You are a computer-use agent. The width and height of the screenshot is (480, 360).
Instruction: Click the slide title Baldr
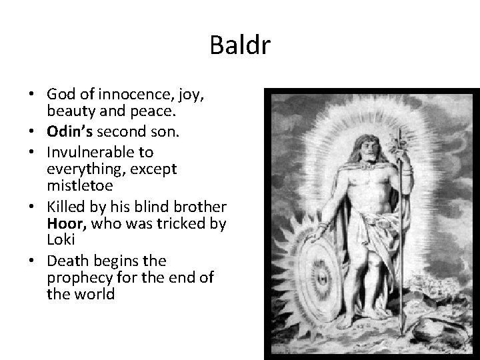click(x=239, y=46)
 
